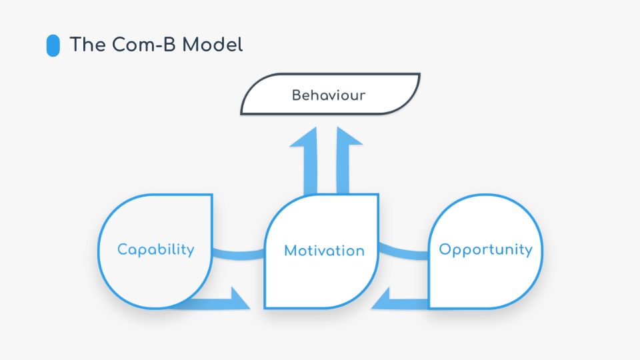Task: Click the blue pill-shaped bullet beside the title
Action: point(53,45)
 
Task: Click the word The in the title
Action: point(88,45)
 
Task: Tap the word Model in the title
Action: point(212,45)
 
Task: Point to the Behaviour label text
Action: point(329,95)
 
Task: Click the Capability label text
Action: point(155,249)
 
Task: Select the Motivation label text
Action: point(324,251)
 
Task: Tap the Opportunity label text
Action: point(485,249)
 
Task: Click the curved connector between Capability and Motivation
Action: point(239,255)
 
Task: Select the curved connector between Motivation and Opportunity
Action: point(404,253)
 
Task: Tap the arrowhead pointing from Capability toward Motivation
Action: point(239,299)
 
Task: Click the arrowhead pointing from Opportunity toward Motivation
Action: point(381,299)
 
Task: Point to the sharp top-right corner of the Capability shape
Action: point(212,195)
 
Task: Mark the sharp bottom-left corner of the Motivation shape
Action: point(265,307)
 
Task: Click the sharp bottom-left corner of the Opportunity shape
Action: point(429,308)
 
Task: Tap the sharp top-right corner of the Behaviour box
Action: point(419,74)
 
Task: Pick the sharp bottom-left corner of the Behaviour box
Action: point(241,113)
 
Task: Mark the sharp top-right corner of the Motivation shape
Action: point(378,195)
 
